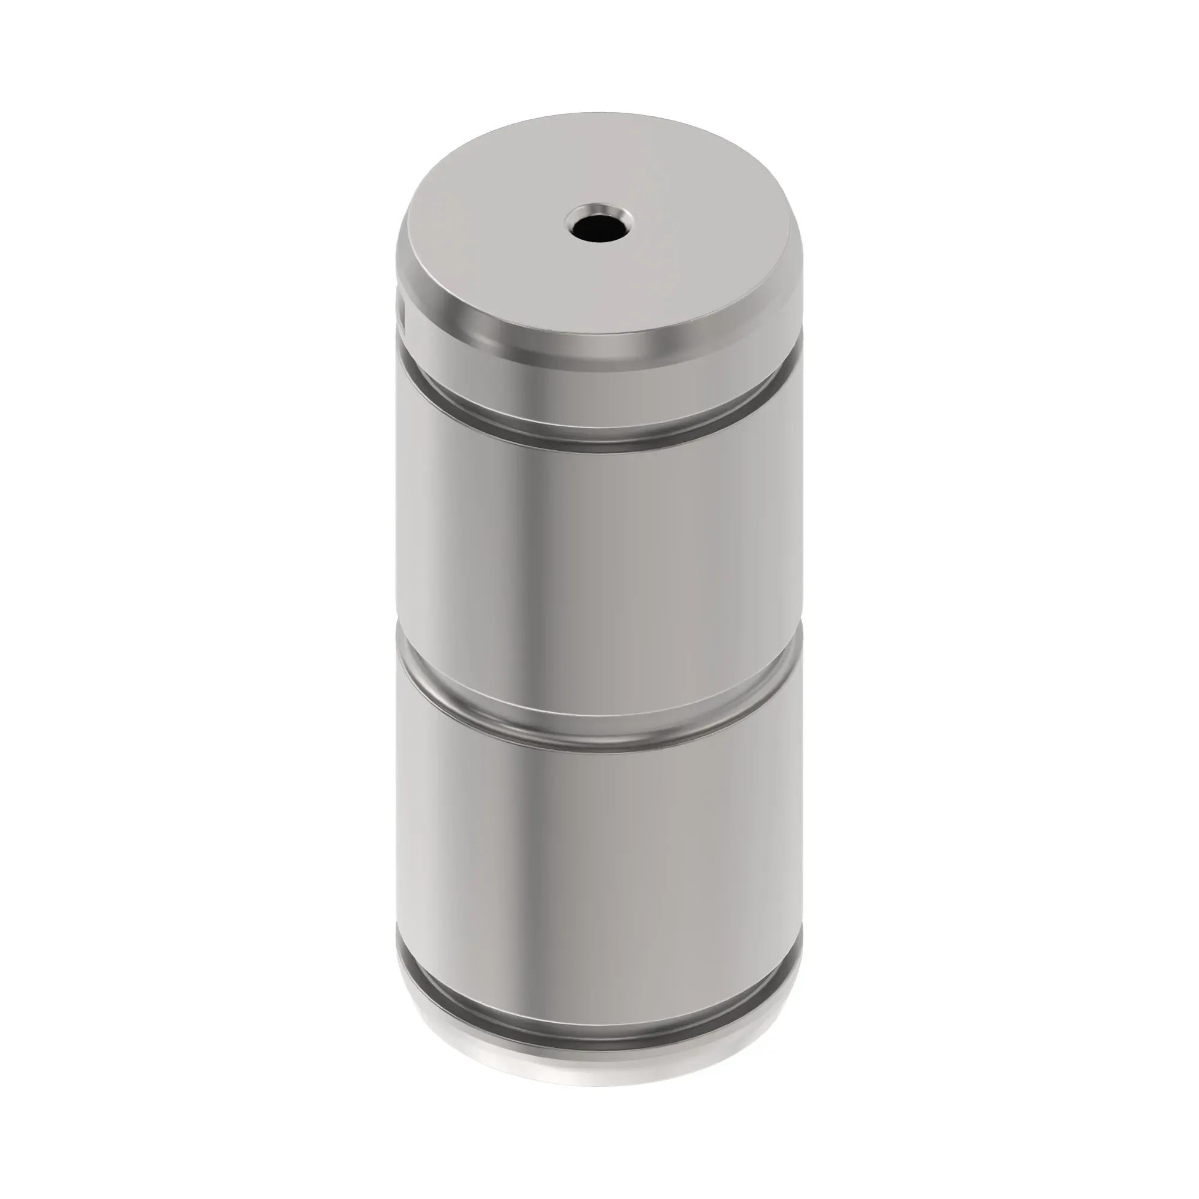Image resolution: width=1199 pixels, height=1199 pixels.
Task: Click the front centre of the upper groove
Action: [596, 435]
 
